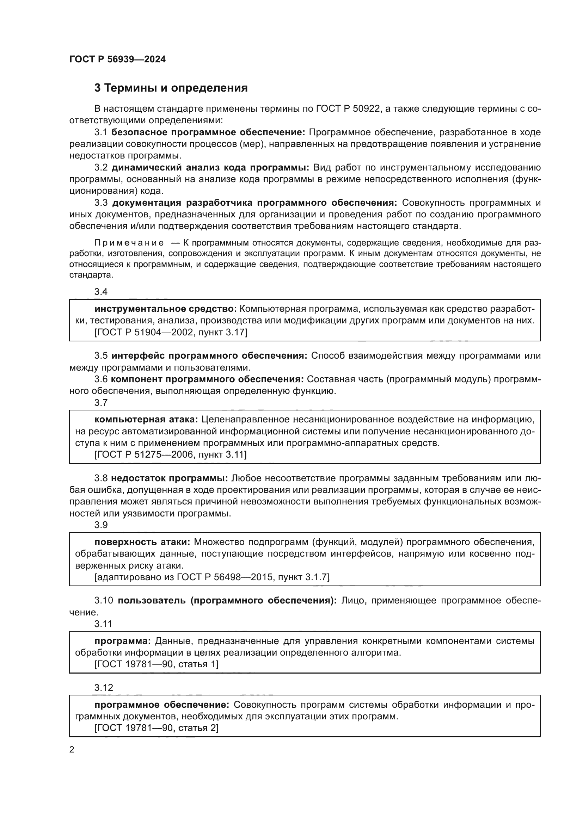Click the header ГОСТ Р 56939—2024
[x=117, y=60]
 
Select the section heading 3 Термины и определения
[x=171, y=88]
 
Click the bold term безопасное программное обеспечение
[x=208, y=132]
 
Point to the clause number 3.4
[x=101, y=292]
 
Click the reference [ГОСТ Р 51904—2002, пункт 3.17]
[x=171, y=332]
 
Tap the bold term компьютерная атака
[x=146, y=420]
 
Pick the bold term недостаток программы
[x=170, y=478]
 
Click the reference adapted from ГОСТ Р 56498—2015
[x=212, y=577]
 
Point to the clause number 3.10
[x=104, y=601]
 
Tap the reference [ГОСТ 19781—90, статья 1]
[x=157, y=664]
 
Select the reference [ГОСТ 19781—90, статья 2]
[x=157, y=728]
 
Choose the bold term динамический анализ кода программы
[x=210, y=168]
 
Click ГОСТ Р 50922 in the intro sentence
[x=348, y=109]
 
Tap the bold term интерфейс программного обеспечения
[x=209, y=356]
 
